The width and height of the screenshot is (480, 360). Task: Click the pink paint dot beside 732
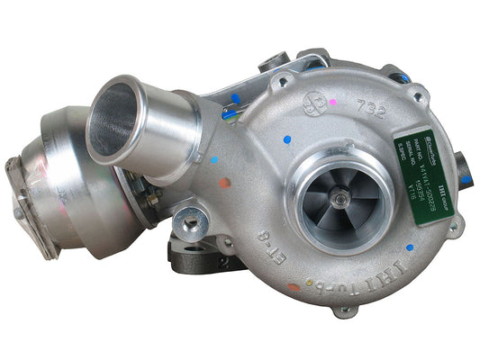pos(333,103)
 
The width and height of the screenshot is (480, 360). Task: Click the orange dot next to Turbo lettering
pos(294,288)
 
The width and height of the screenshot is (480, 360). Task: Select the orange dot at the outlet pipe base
pos(224,183)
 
